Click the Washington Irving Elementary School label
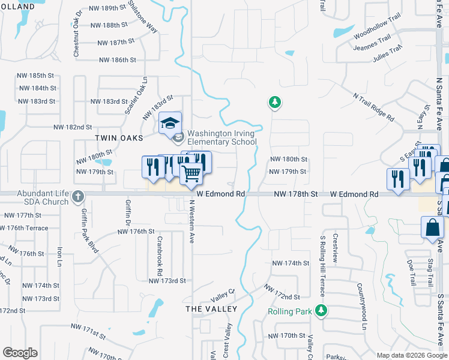coord(221,137)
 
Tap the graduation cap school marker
coord(170,124)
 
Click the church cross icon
coord(77,196)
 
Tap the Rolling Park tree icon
coord(322,310)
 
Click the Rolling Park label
coord(290,311)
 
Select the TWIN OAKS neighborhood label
coord(119,137)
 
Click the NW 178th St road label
coord(295,194)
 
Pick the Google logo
coord(20,353)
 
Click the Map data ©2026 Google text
coord(411,355)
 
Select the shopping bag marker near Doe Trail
coord(432,228)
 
